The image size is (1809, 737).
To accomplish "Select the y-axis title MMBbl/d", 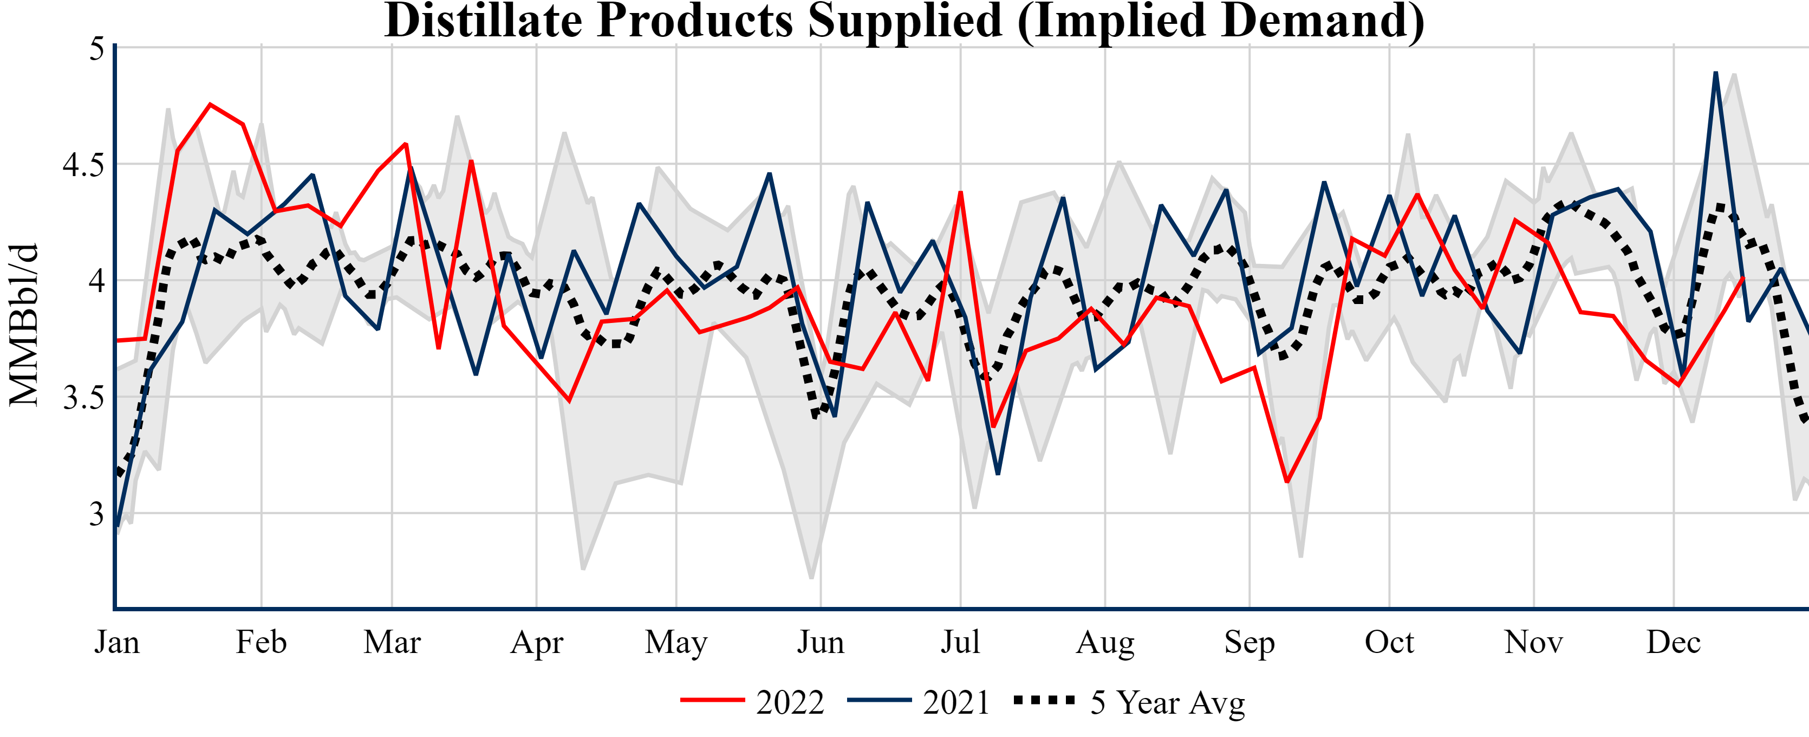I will tap(24, 325).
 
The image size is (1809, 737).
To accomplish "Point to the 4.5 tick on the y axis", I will tap(83, 165).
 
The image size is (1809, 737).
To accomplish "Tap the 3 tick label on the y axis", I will tap(96, 514).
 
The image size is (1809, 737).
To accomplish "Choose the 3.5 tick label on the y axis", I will tap(83, 398).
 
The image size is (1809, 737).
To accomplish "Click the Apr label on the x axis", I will tap(537, 642).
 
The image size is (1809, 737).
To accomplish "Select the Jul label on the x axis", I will tap(960, 642).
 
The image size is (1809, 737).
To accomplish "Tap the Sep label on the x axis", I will tap(1250, 642).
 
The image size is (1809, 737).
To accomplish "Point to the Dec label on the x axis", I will tap(1674, 642).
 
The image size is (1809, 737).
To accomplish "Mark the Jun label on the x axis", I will tap(820, 642).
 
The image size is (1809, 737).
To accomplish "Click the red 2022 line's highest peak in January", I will tap(210, 105).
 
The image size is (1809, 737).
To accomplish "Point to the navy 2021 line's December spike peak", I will tap(1716, 73).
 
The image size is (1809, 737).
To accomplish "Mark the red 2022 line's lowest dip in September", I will tap(1286, 481).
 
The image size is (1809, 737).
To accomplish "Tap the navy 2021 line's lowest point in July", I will tap(998, 474).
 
